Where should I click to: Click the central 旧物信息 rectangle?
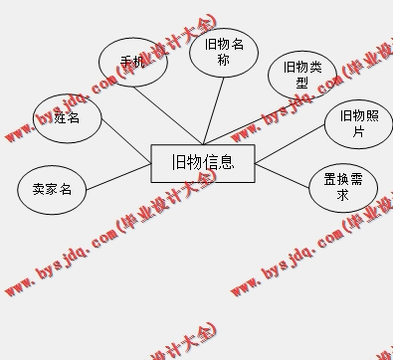click(x=203, y=163)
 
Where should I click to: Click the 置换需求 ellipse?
click(x=343, y=187)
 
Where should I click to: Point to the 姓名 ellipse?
click(x=68, y=118)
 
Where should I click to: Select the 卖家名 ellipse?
click(x=52, y=189)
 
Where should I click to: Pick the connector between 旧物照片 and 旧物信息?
click(x=290, y=145)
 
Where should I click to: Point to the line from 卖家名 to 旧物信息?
click(x=117, y=177)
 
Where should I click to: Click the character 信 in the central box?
click(x=210, y=163)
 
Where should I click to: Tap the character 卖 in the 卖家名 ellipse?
click(x=38, y=189)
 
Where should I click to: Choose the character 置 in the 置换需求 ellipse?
click(x=330, y=180)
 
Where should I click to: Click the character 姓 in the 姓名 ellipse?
click(x=61, y=118)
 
